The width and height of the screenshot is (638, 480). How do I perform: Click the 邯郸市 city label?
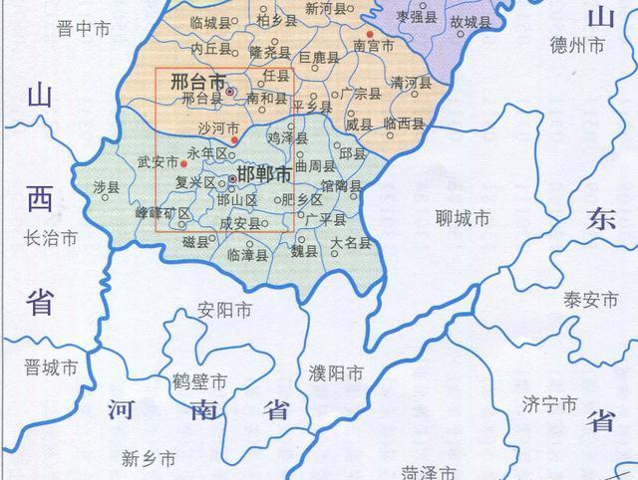click(x=265, y=175)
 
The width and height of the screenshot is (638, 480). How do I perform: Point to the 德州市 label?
click(x=578, y=46)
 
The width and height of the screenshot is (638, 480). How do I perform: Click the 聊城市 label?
click(x=464, y=218)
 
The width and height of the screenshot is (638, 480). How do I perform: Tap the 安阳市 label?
click(x=224, y=310)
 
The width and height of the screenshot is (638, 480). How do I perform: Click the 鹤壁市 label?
click(x=199, y=381)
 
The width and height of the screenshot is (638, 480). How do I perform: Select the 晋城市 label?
click(x=51, y=367)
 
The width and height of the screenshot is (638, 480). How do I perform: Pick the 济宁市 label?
click(x=549, y=404)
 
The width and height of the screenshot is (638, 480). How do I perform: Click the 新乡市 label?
click(x=149, y=459)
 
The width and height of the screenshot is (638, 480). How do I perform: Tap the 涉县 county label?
click(x=106, y=187)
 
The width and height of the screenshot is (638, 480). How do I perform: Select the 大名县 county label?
click(x=351, y=243)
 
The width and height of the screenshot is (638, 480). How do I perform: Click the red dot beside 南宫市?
click(x=370, y=32)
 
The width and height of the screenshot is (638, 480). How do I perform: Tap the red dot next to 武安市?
click(x=183, y=162)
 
